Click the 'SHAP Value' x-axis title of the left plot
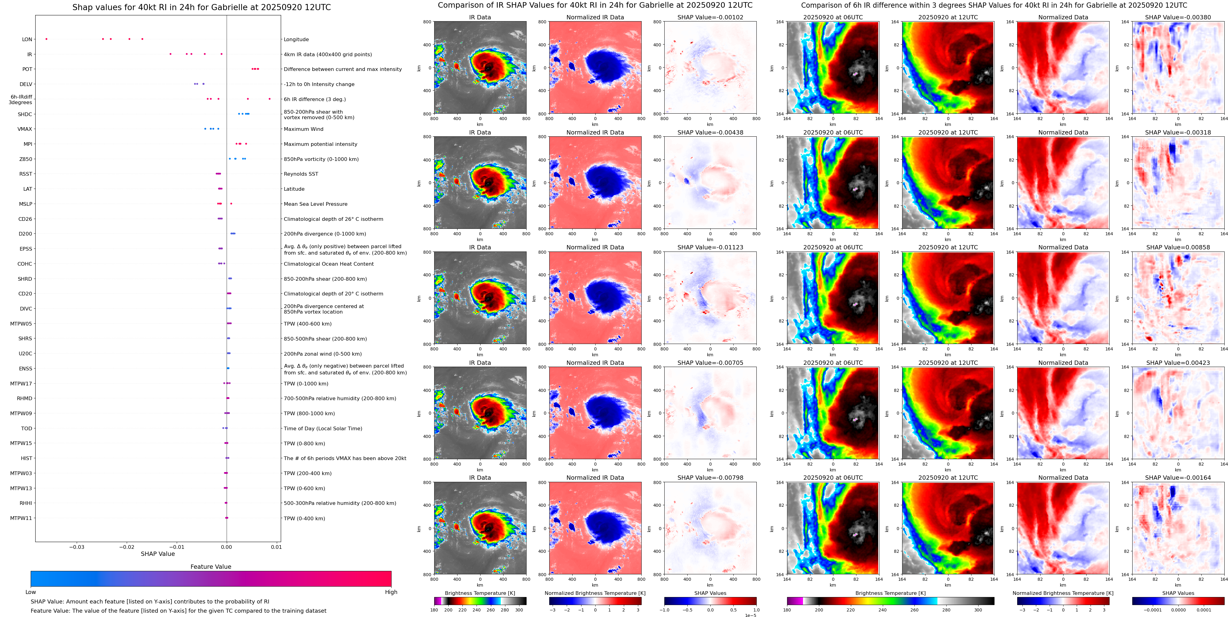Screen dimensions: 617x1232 (157, 554)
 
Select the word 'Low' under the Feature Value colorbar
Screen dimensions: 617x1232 (31, 592)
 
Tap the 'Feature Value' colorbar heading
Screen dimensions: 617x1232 (210, 567)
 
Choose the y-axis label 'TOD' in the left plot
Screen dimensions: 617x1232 (27, 428)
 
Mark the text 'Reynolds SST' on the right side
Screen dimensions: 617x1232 (300, 174)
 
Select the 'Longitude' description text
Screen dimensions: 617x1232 (296, 40)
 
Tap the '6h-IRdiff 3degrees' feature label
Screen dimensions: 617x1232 (21, 100)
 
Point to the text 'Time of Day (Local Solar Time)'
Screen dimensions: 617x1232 (323, 428)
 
